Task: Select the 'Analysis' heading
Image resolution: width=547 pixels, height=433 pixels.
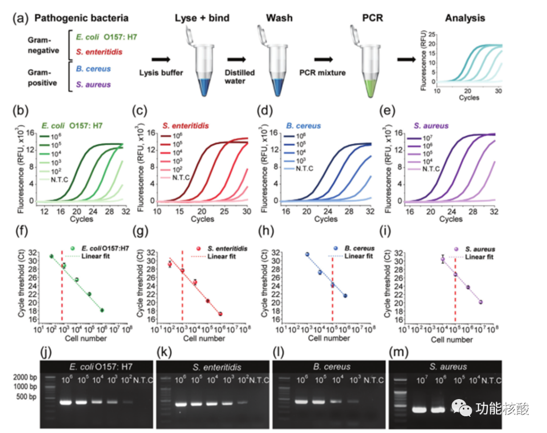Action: (x=464, y=19)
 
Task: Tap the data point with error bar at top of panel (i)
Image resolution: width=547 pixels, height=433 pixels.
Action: (x=442, y=259)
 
